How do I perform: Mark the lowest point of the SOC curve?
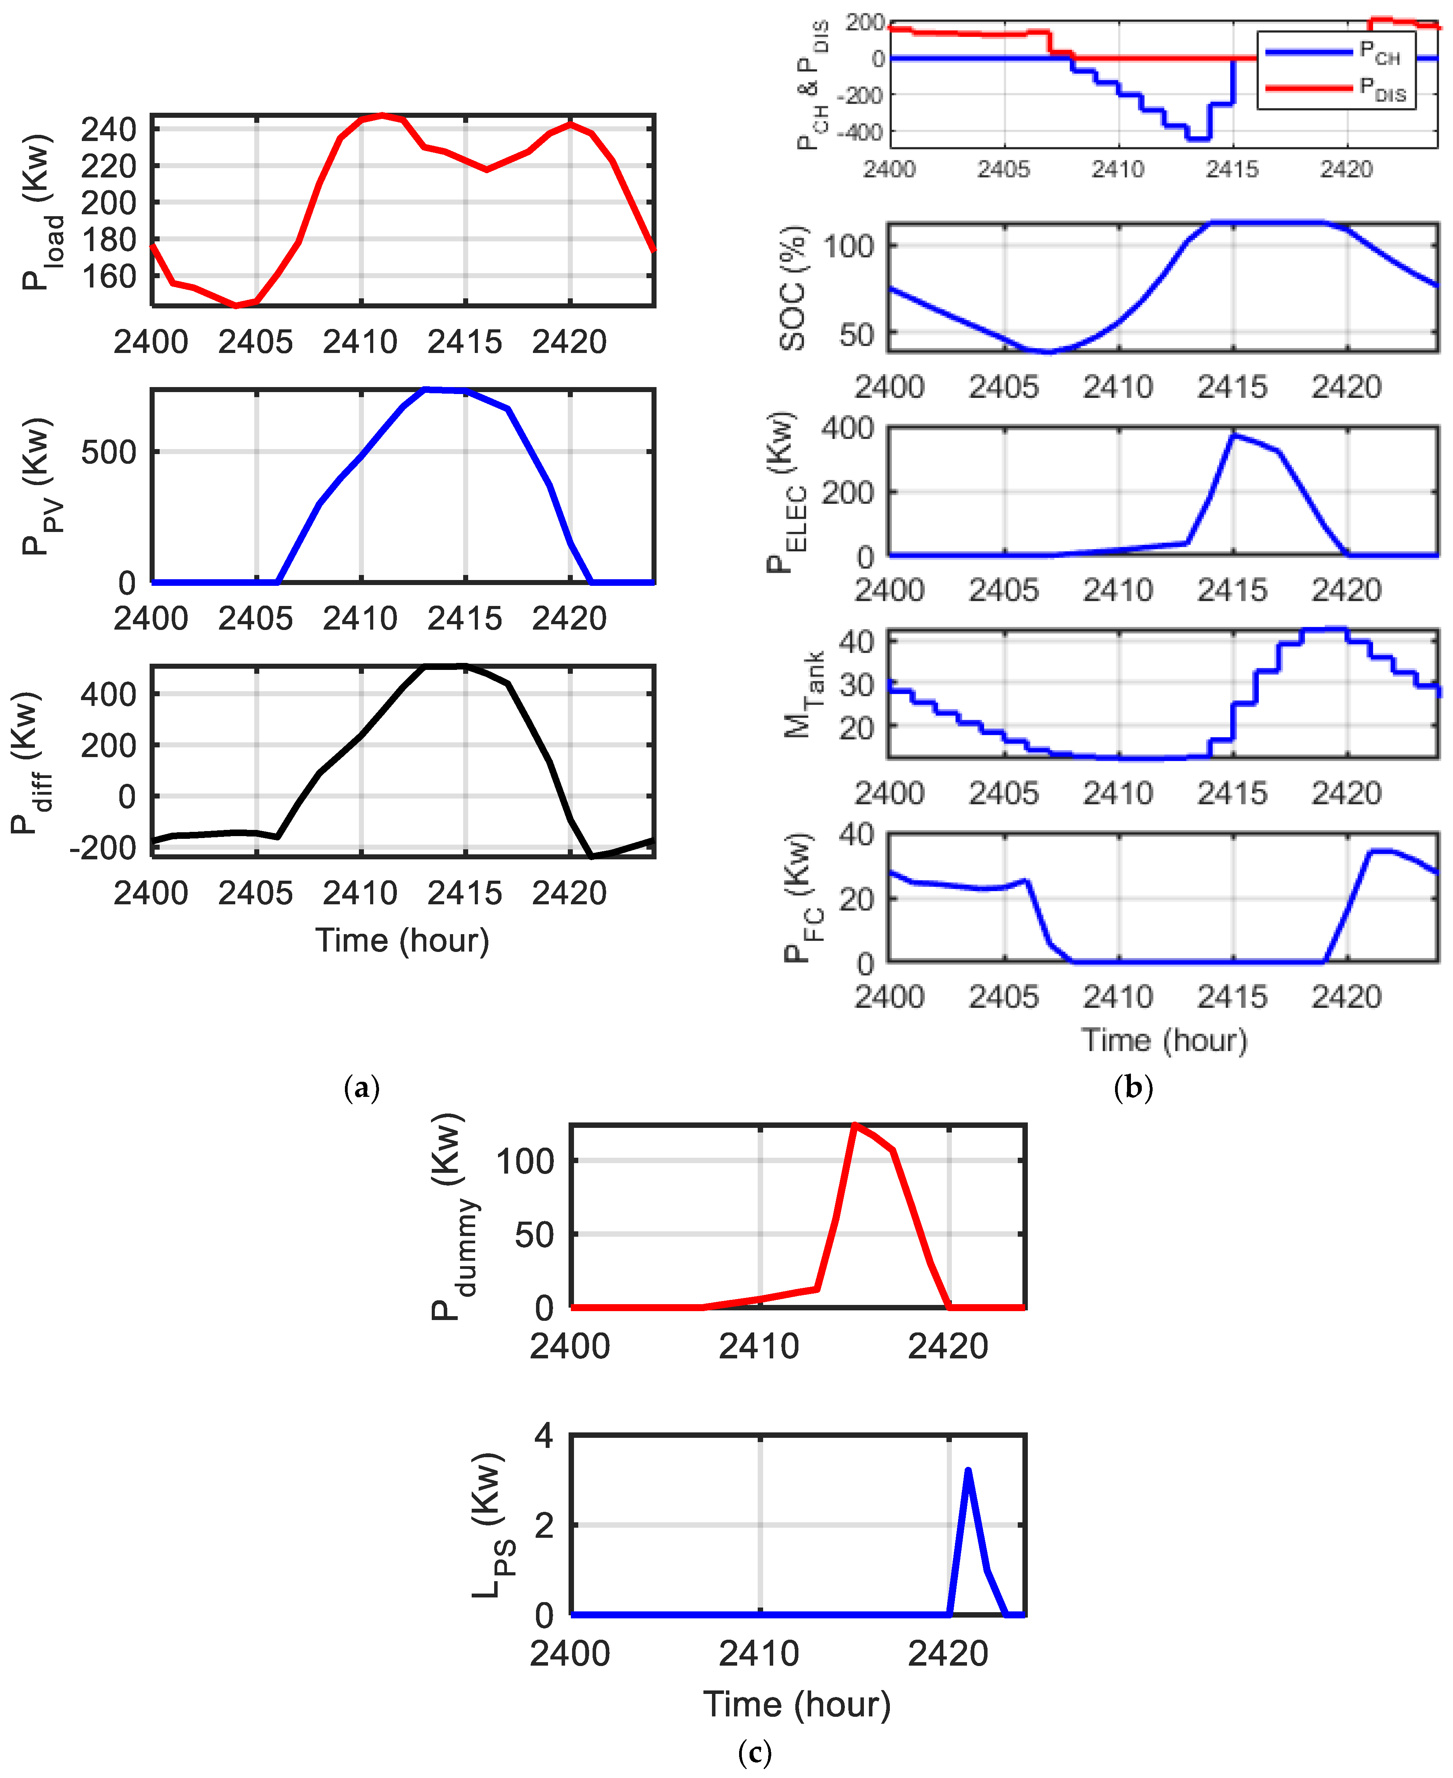click(x=1050, y=351)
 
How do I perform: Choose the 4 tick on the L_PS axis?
click(x=544, y=1436)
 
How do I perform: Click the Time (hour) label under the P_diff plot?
click(x=402, y=940)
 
